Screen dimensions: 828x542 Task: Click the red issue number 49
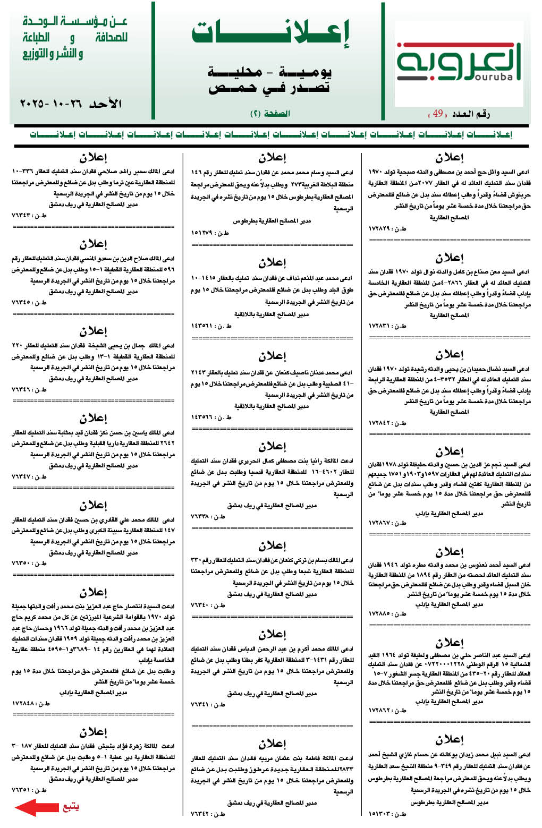tap(438, 114)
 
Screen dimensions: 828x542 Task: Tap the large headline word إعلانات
tap(270, 33)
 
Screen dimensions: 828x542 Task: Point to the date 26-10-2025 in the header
tap(70, 104)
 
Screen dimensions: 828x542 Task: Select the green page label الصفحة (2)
tap(270, 114)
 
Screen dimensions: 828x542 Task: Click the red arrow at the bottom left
tap(37, 807)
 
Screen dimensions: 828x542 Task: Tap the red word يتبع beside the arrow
tap(71, 807)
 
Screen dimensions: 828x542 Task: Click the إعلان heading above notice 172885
tap(450, 552)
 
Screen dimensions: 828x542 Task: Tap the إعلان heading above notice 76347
tap(94, 418)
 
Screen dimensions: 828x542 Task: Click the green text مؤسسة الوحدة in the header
tap(74, 22)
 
